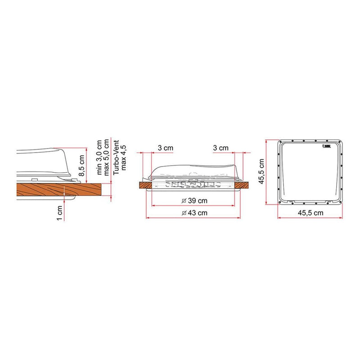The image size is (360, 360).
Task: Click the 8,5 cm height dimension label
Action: tap(82, 166)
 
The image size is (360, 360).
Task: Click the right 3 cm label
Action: tap(221, 148)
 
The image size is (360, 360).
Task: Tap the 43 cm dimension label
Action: tap(197, 212)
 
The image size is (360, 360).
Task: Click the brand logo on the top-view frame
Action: tap(326, 146)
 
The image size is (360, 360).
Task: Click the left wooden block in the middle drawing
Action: tap(146, 184)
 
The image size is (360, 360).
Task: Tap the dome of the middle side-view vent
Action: tap(193, 171)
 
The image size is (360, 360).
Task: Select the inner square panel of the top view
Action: tap(310, 172)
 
